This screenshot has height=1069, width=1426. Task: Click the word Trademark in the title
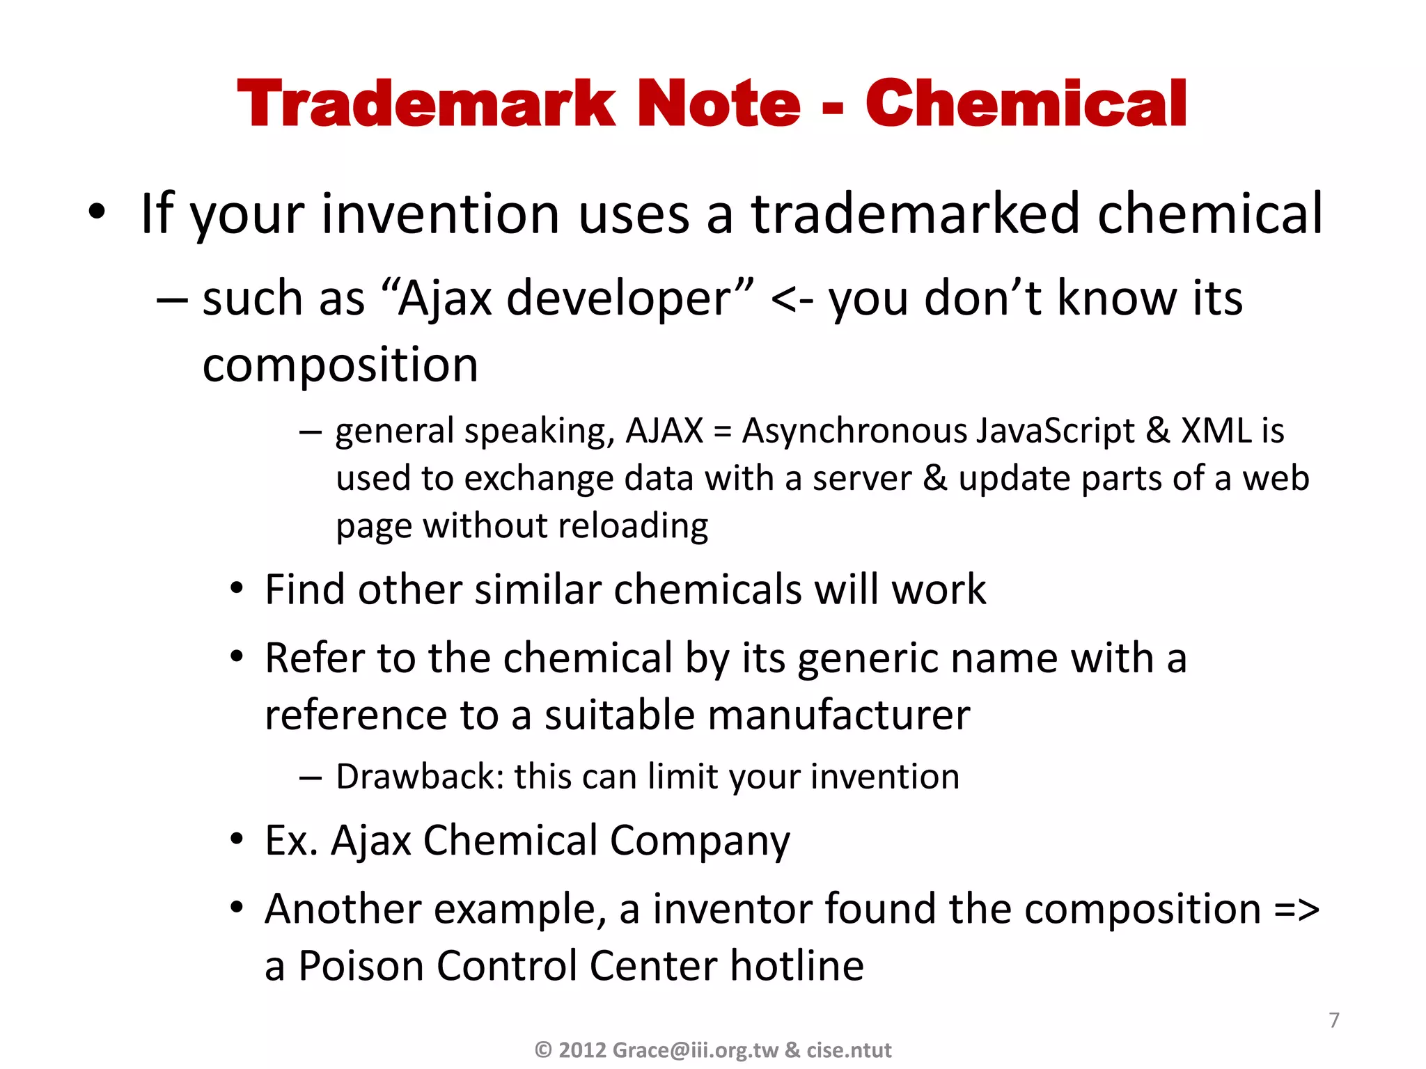[x=425, y=104]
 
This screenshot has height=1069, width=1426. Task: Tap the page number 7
[x=1333, y=1020]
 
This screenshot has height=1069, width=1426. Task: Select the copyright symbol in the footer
[x=543, y=1050]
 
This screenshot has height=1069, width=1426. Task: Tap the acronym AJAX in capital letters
[x=664, y=431]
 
